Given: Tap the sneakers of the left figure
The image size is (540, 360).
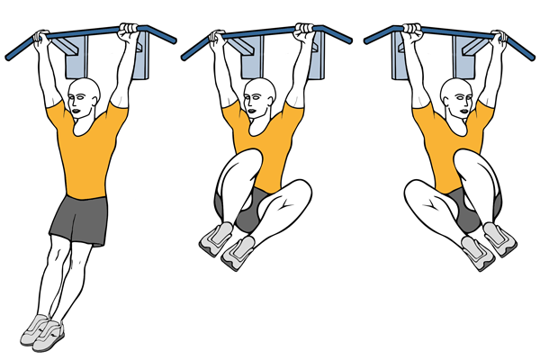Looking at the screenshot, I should [x=40, y=330].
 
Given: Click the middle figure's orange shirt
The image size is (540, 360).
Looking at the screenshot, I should [x=261, y=144].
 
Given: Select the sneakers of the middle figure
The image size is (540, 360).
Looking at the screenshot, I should [x=229, y=243].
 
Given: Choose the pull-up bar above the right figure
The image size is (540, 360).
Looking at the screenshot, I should [x=450, y=37].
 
